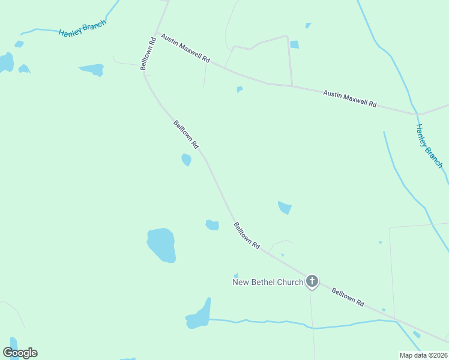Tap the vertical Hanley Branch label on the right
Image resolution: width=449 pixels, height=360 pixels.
tap(429, 146)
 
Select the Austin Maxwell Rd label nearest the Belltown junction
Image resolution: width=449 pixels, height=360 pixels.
tap(185, 50)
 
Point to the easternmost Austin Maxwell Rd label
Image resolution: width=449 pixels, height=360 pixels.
tap(349, 99)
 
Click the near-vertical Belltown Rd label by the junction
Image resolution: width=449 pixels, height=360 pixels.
tap(149, 52)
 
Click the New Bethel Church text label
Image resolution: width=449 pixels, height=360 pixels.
tap(268, 282)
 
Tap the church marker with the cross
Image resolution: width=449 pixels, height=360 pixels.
tap(312, 281)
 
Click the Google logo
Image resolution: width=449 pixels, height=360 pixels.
tap(20, 353)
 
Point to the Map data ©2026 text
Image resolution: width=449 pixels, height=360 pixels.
tap(423, 355)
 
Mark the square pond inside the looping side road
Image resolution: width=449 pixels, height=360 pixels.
tap(294, 44)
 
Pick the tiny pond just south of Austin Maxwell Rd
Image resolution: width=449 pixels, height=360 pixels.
tap(240, 89)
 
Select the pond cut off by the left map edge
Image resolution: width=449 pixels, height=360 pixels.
tap(5, 62)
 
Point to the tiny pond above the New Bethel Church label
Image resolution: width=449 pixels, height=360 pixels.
tap(236, 275)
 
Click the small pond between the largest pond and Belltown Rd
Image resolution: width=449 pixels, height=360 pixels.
tap(212, 225)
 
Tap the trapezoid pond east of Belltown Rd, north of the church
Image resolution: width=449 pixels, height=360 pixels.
tap(285, 208)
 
